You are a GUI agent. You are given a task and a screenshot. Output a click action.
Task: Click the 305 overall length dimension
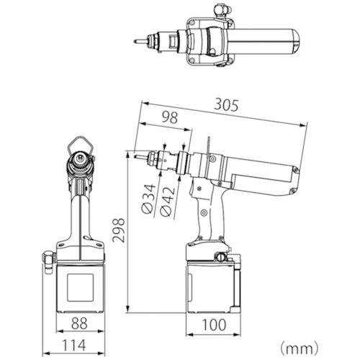point(226,105)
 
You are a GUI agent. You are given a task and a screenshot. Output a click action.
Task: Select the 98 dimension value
point(170,117)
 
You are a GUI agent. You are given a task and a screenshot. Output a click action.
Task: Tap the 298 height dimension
point(119,230)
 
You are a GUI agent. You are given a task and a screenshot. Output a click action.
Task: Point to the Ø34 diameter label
point(148,199)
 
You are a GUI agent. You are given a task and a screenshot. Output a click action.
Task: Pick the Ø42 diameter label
point(167,201)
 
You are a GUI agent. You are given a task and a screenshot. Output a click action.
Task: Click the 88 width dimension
point(79,323)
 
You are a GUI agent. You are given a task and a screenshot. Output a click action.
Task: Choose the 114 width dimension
point(74,346)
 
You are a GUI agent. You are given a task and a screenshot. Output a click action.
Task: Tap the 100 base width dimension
point(214,325)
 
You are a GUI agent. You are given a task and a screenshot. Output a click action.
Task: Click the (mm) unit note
point(300,348)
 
